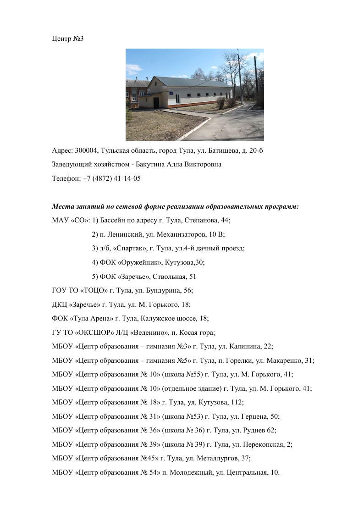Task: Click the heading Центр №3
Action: click(67, 38)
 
